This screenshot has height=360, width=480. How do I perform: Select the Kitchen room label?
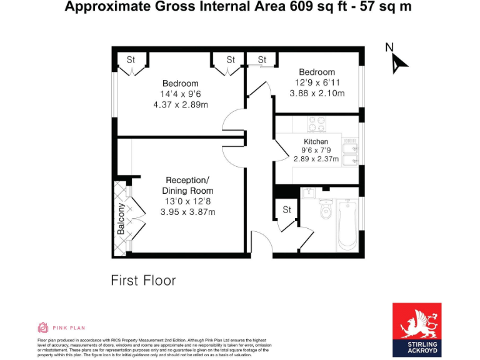click(x=316, y=142)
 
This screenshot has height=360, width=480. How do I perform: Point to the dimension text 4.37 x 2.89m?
click(x=181, y=104)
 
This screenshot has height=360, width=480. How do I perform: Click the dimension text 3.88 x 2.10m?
click(x=317, y=93)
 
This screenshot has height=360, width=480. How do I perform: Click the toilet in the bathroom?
click(x=326, y=212)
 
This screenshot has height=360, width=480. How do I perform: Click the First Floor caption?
click(x=143, y=281)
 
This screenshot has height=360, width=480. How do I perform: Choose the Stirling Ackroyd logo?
click(x=416, y=329)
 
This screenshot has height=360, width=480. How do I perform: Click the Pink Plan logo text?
click(x=69, y=327)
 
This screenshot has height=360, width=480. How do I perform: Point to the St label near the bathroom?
click(x=287, y=210)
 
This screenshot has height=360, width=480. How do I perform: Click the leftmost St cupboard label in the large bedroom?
click(x=131, y=60)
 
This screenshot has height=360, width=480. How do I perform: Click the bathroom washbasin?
click(x=307, y=193)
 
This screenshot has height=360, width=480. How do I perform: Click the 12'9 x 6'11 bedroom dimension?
click(x=317, y=82)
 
